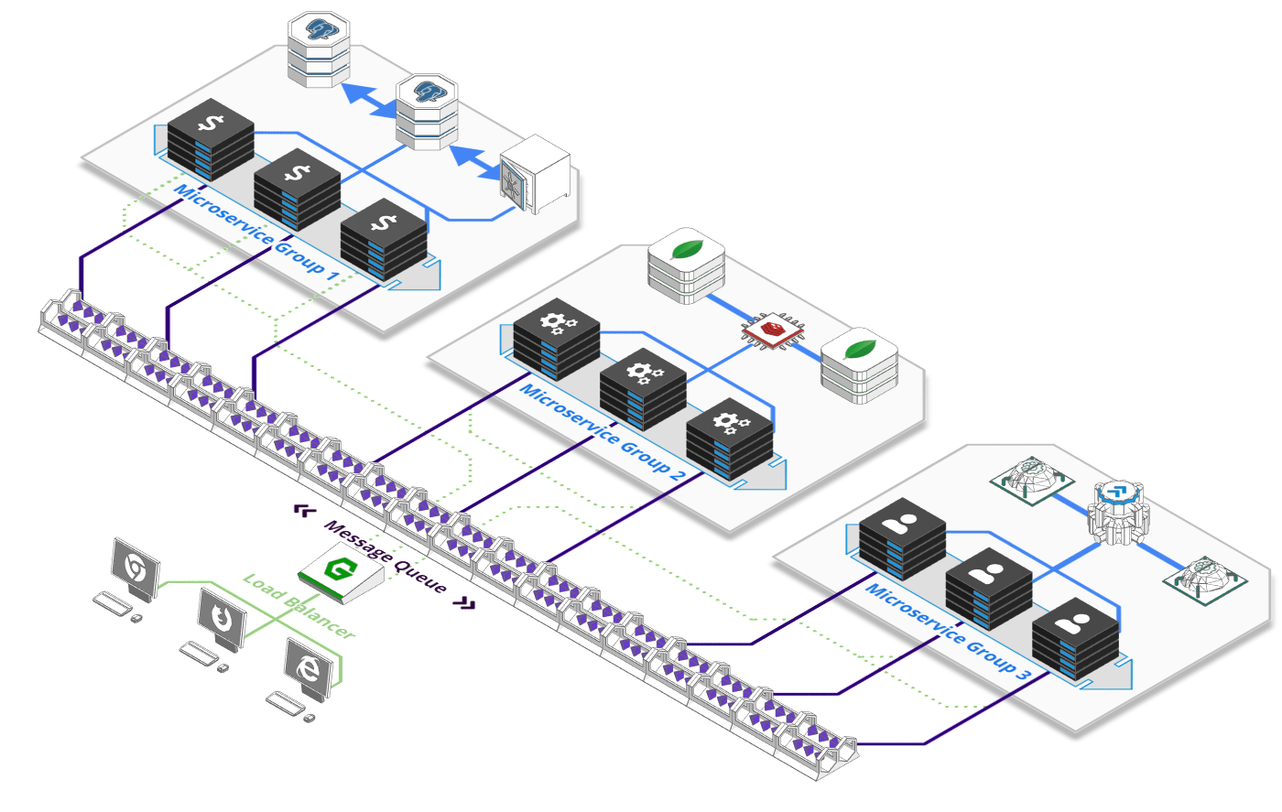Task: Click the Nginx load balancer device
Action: [341, 573]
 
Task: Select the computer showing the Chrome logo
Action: [135, 570]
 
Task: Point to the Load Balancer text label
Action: [298, 606]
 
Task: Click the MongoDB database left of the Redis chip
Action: [686, 267]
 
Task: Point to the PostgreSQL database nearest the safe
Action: [427, 113]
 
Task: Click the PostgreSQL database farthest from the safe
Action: [319, 48]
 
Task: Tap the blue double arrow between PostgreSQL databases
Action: [373, 101]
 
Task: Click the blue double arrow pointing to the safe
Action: [478, 162]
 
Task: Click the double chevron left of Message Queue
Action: [305, 510]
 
